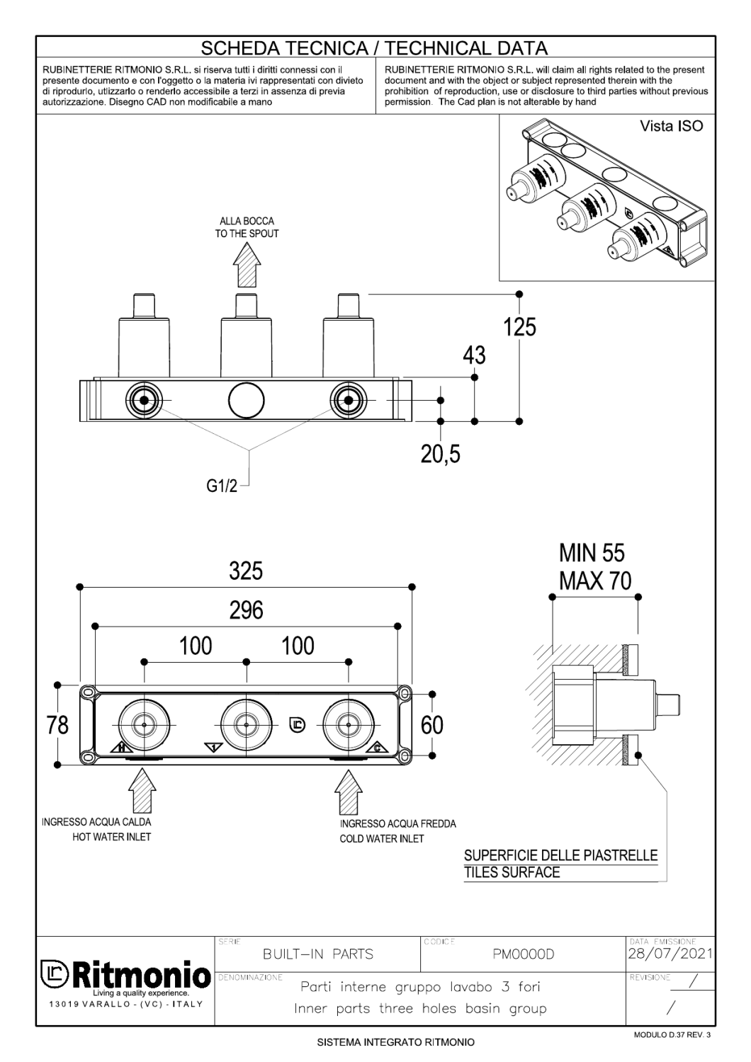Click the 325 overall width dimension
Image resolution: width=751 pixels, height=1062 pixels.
pos(246,571)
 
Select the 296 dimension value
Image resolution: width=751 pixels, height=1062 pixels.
pos(246,610)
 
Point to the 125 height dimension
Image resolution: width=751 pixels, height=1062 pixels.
pos(519,328)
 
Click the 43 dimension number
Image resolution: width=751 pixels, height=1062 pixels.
pos(474,355)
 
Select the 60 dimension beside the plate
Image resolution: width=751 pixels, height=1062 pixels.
pos(431,725)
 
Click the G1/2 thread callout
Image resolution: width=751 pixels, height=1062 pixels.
pos(222,488)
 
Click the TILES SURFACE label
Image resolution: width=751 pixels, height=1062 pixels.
pos(512,872)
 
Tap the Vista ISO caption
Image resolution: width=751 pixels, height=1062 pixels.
pos(671,127)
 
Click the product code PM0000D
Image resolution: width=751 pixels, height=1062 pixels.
pos(523,954)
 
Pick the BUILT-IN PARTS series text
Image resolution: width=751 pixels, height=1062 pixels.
pos(317,954)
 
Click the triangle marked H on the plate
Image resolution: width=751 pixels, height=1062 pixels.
pos(120,748)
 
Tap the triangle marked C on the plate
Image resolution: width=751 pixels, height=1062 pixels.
pos(376,748)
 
